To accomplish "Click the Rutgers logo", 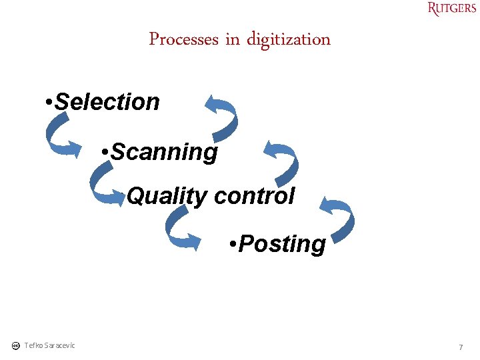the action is point(452,9).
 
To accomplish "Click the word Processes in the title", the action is point(183,39).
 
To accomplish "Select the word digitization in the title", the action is point(289,39).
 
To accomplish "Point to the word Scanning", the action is point(164,152).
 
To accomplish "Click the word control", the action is point(254,196).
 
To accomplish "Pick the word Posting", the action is point(282,244).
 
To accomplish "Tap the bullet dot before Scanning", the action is point(105,153).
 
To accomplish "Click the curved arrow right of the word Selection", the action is point(221,113).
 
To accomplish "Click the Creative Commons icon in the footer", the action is point(15,345).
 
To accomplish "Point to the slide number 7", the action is point(460,347).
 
